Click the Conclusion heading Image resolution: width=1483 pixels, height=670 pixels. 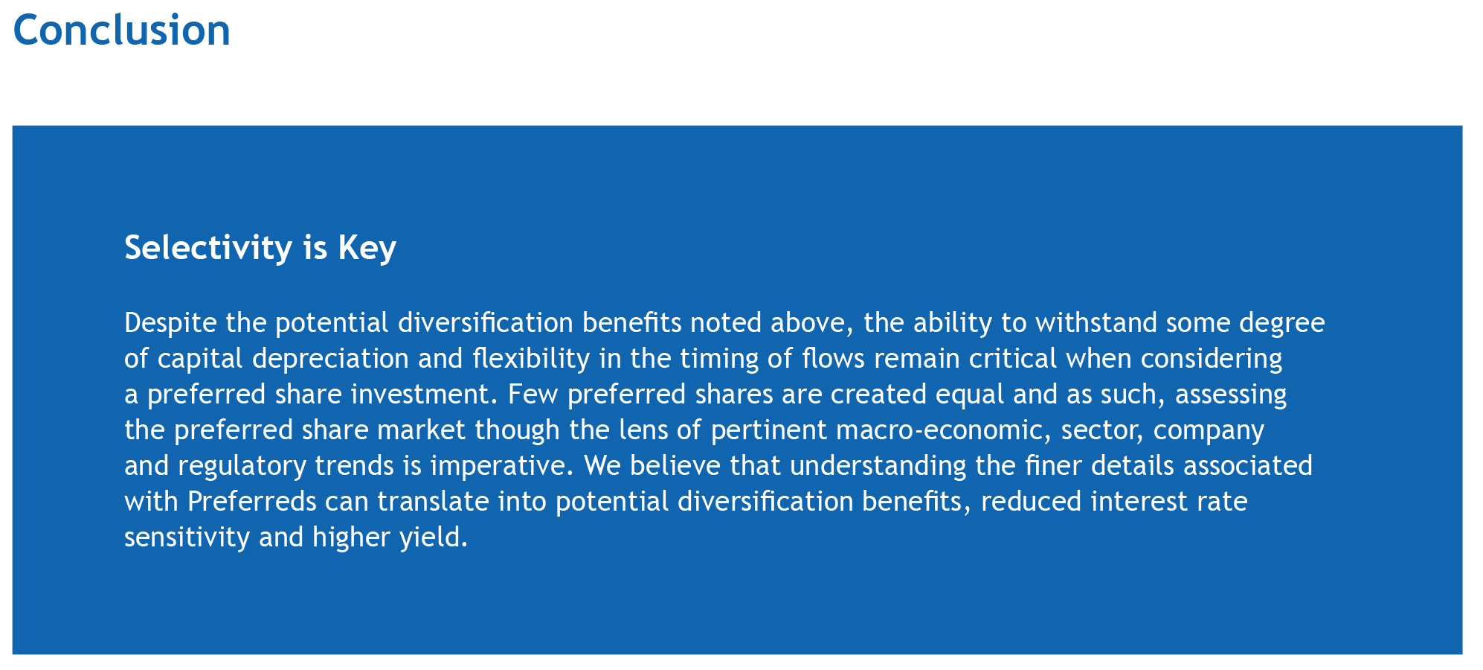coord(122,31)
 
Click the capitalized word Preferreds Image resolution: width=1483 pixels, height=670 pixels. coord(252,501)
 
